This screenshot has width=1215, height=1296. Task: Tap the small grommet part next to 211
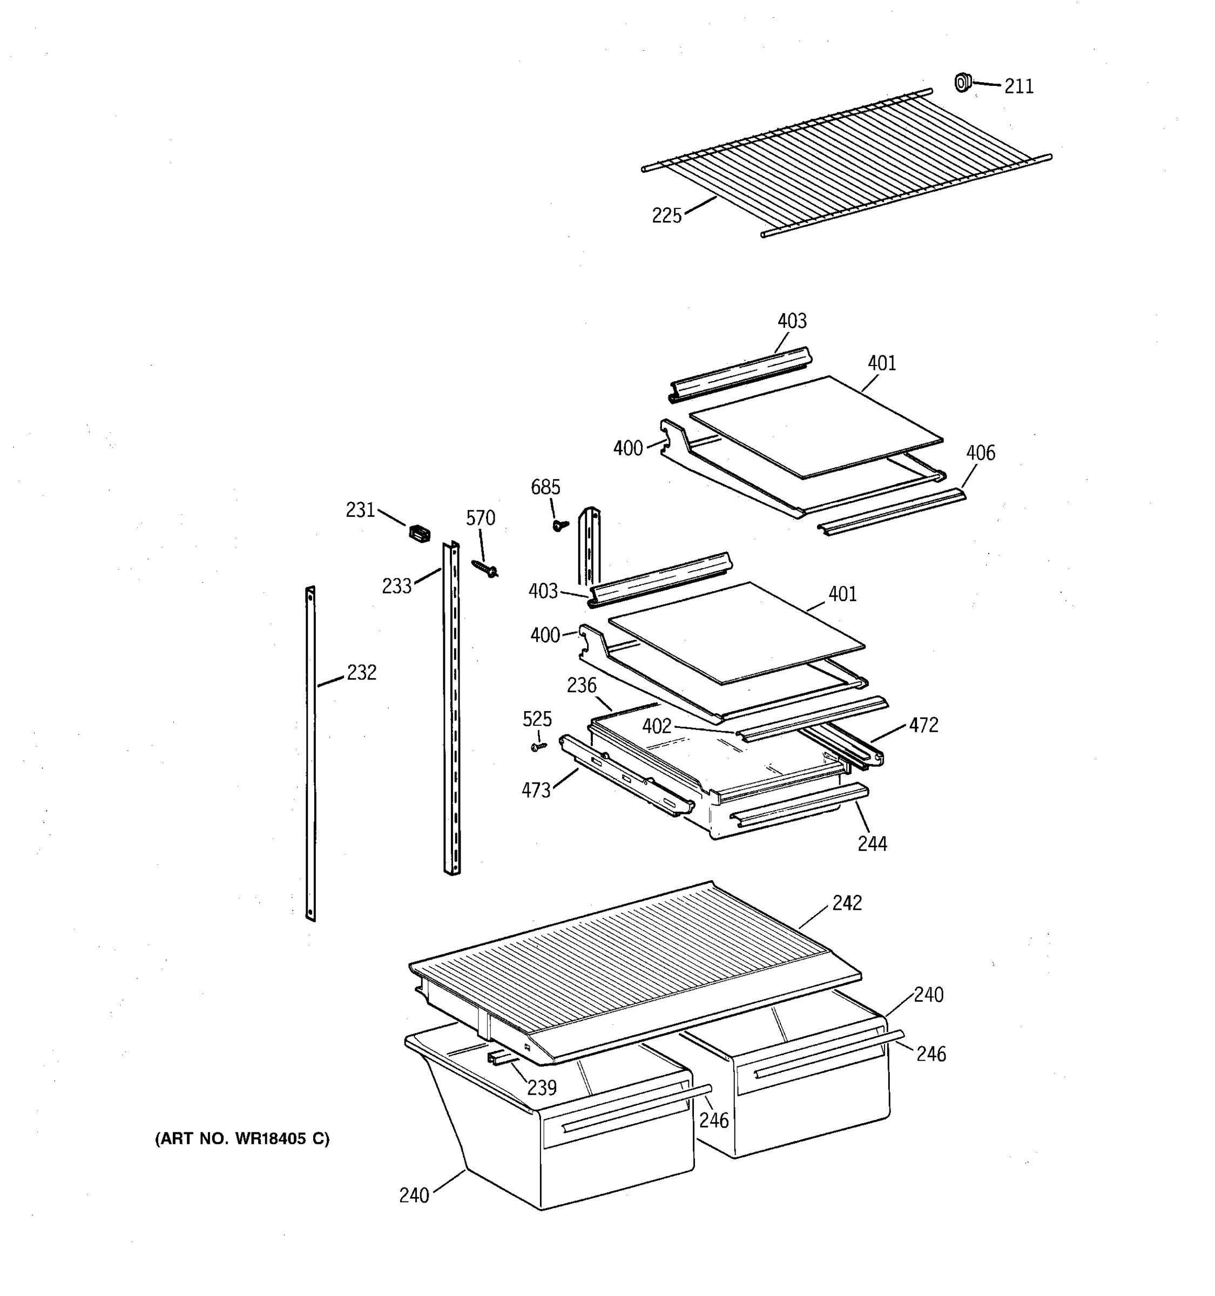961,82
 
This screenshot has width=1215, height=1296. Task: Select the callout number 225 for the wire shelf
666,215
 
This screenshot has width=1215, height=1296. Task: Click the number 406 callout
980,453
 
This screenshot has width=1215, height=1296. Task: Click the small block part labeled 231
419,534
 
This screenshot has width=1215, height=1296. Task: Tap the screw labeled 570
485,569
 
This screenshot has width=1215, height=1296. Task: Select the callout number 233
396,586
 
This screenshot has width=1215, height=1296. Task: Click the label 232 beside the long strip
361,672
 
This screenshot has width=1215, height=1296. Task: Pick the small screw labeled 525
538,746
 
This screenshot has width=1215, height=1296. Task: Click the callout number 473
536,790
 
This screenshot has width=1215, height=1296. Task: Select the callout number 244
872,843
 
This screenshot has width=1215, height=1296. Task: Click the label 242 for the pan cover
847,903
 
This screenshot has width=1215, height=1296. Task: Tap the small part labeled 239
501,1057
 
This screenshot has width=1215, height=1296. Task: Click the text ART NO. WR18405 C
242,1138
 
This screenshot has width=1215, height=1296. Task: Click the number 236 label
581,685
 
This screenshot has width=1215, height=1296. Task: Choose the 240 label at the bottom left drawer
414,1195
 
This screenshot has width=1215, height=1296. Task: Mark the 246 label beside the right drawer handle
931,1054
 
